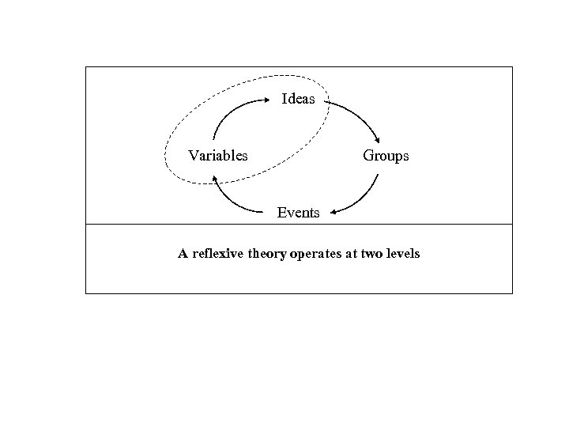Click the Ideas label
[x=299, y=99]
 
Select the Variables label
[x=217, y=156]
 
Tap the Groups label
[x=386, y=156]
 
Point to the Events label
[x=298, y=212]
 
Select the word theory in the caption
[x=271, y=254]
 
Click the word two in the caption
[x=371, y=254]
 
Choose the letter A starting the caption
[x=183, y=254]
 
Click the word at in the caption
[x=353, y=254]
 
